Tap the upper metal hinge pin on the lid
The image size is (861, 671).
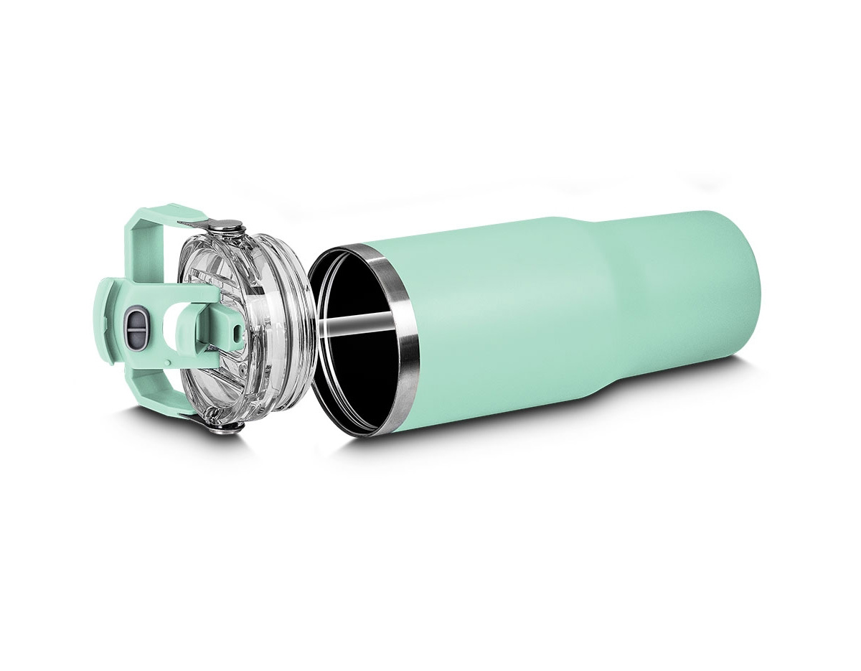tap(227, 226)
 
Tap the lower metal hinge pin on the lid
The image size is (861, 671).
tap(228, 428)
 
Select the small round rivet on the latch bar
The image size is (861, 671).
tap(237, 333)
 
